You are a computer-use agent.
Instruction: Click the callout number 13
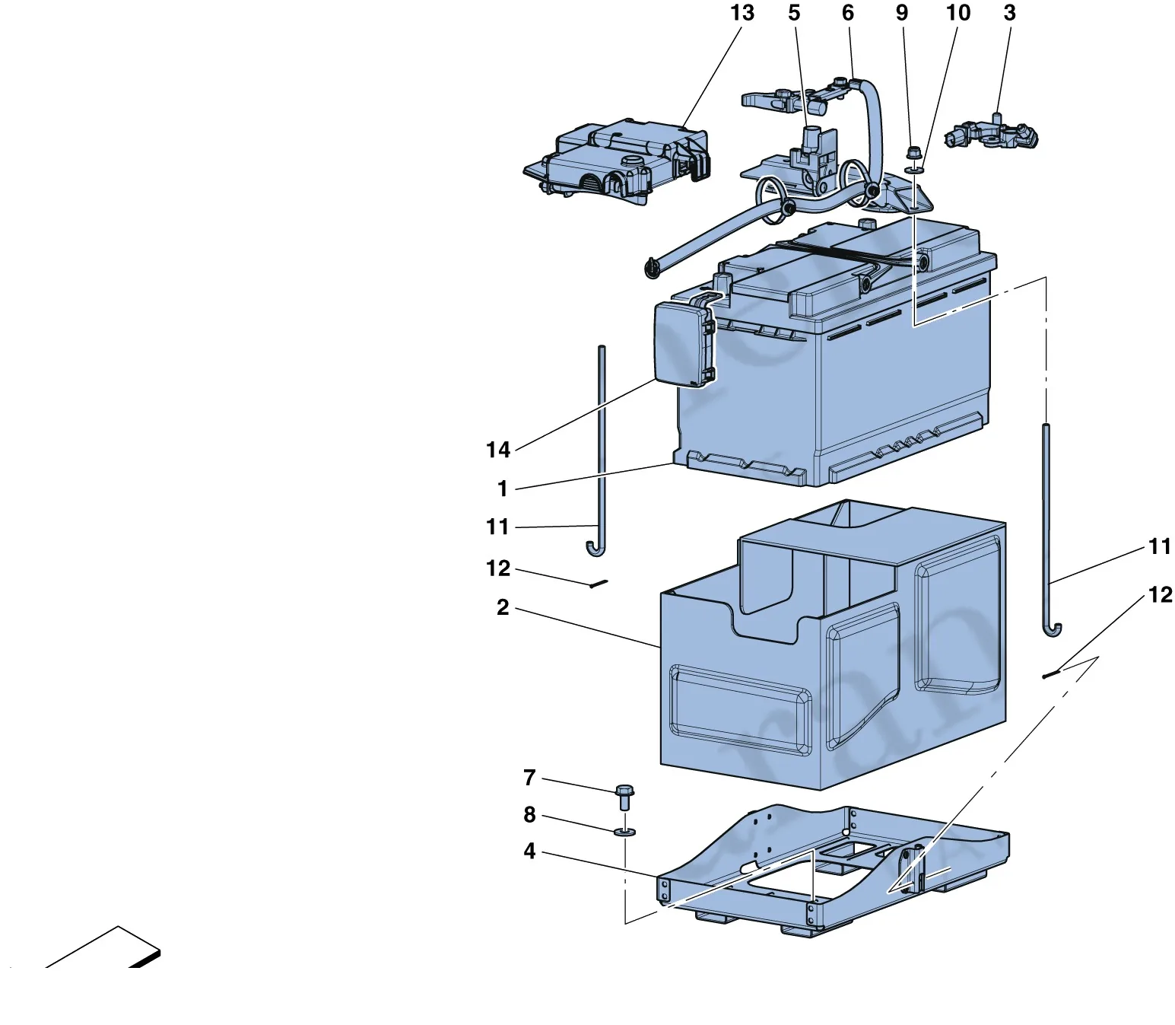point(742,13)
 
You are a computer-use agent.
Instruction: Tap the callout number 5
point(794,13)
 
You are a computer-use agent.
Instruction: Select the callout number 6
point(848,13)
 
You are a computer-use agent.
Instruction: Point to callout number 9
point(902,13)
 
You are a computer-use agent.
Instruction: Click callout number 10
point(958,13)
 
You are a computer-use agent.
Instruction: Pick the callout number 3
point(1010,13)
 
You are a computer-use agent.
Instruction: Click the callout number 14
point(498,450)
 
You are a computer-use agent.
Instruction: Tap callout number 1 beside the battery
point(503,489)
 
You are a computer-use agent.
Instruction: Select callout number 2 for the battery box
point(503,607)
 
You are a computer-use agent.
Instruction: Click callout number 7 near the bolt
point(529,778)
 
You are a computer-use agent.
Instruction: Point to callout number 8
point(529,814)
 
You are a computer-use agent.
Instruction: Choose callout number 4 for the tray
point(529,851)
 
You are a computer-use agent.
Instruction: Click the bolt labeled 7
point(625,797)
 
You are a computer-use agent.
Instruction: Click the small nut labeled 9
point(913,154)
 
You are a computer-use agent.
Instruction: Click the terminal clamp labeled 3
point(991,134)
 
